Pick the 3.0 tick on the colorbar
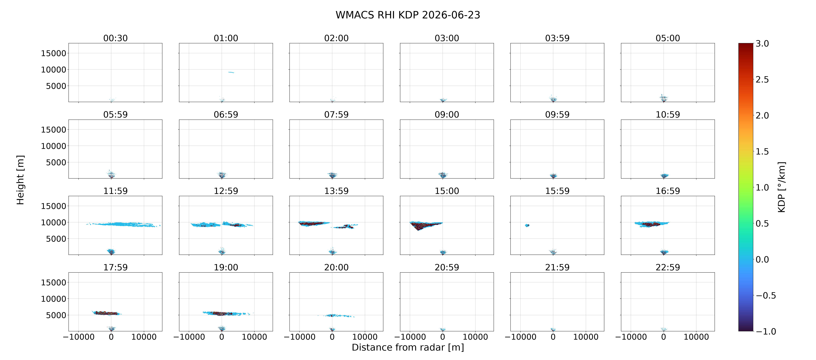pyautogui.click(x=762, y=44)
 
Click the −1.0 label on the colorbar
pyautogui.click(x=766, y=332)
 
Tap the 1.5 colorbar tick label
pyautogui.click(x=762, y=152)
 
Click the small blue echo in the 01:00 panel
pyautogui.click(x=231, y=72)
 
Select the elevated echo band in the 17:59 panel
pyautogui.click(x=106, y=313)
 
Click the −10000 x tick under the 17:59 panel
pyautogui.click(x=79, y=337)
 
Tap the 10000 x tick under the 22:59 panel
pyautogui.click(x=696, y=337)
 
